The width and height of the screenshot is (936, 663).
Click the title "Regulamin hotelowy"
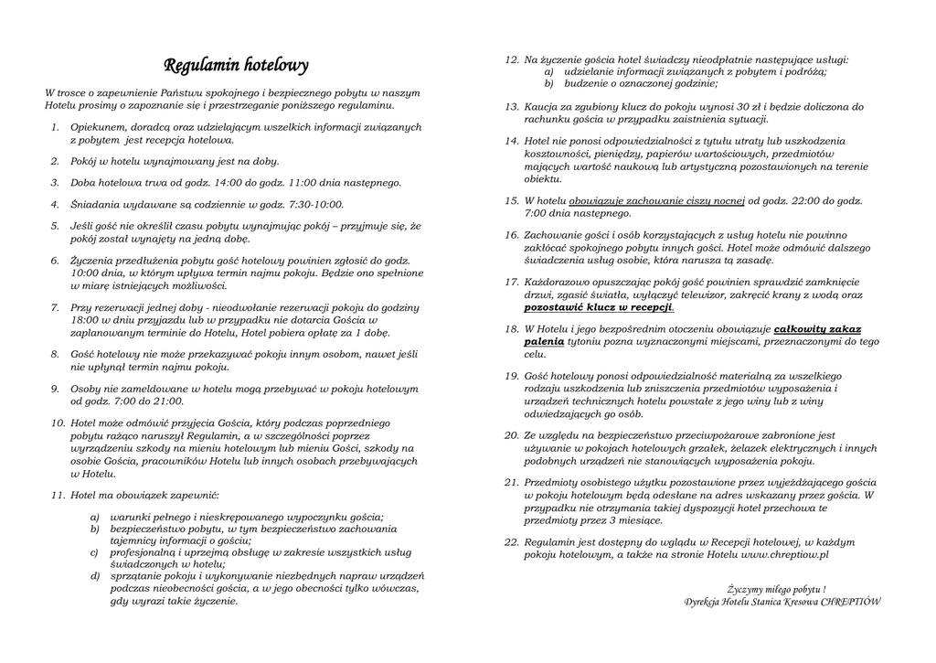(x=236, y=66)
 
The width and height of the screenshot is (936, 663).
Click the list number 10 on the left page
(x=57, y=422)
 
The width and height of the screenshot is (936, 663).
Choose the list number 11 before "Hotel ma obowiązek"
(x=57, y=495)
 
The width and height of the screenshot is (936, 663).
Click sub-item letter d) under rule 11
(x=94, y=576)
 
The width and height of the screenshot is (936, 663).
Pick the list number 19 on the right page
(x=512, y=376)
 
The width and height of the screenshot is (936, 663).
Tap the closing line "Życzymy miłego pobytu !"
(x=776, y=590)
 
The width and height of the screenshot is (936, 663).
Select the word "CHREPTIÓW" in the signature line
(x=851, y=602)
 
